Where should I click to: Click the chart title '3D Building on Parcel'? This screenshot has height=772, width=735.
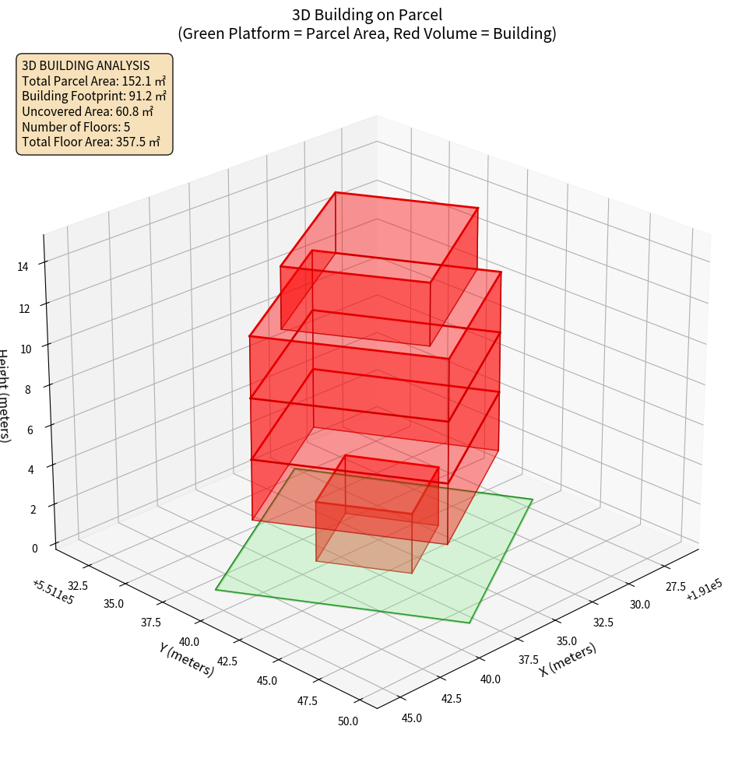(367, 14)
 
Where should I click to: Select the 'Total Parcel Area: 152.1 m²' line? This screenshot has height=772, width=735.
(93, 81)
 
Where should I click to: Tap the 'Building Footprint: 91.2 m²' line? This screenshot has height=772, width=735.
(93, 96)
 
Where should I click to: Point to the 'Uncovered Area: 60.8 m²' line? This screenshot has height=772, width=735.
(87, 111)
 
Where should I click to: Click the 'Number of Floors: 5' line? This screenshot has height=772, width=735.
(76, 127)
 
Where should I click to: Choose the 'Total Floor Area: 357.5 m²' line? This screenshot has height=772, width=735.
(90, 142)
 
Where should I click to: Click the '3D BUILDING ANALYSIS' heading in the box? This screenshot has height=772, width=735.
(86, 65)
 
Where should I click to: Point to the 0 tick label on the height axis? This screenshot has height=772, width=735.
(33, 548)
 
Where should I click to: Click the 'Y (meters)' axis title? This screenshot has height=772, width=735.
(186, 658)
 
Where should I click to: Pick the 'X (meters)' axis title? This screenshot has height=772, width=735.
(568, 659)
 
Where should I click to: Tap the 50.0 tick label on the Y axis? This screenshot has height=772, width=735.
(347, 721)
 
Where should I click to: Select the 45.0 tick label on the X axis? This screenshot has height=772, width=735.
(412, 718)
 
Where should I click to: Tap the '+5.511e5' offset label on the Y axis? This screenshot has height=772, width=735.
(54, 591)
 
